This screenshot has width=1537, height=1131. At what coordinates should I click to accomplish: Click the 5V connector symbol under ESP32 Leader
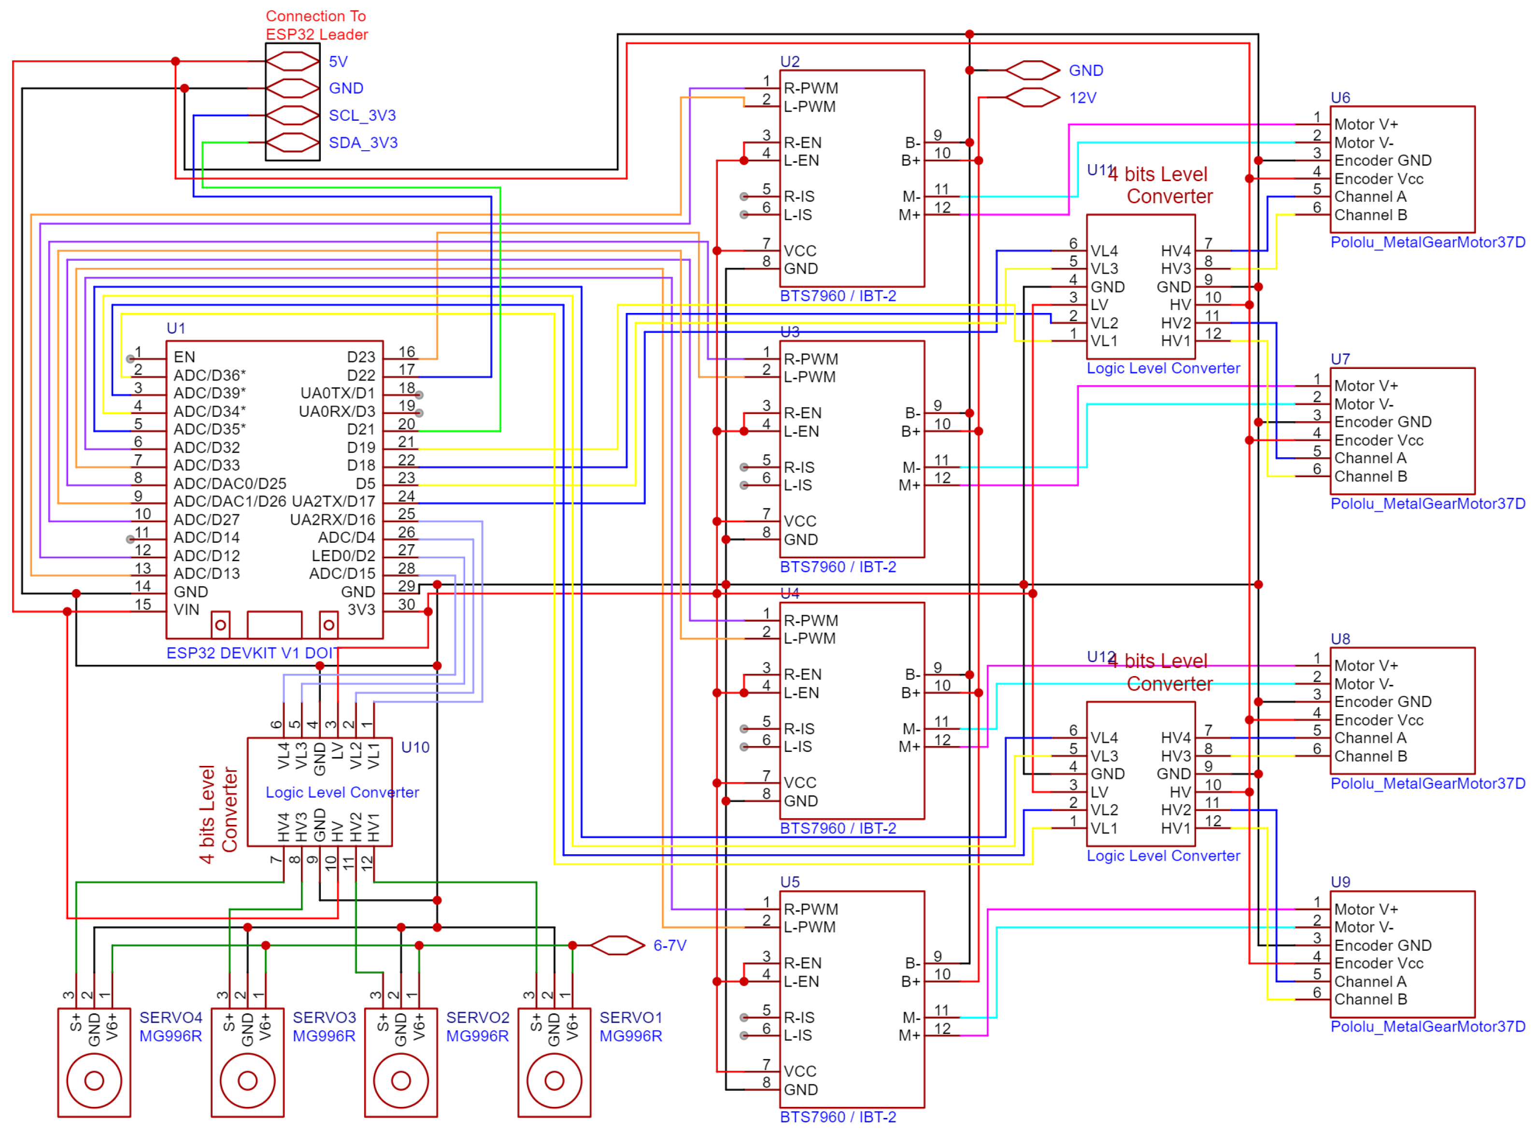[292, 61]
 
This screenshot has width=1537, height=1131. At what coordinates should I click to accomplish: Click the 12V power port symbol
[1032, 97]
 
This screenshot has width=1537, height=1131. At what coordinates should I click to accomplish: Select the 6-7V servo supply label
[669, 946]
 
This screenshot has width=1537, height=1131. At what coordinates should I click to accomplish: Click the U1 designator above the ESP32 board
[176, 328]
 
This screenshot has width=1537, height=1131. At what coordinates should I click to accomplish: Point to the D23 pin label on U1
[361, 357]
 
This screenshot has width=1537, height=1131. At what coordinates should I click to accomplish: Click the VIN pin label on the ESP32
[186, 610]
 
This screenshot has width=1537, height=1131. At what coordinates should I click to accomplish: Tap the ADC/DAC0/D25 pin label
[230, 483]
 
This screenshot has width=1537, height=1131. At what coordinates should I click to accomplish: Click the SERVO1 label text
[630, 1018]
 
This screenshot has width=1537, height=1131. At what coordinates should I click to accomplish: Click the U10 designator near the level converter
[415, 747]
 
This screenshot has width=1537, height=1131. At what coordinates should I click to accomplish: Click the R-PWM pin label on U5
[811, 909]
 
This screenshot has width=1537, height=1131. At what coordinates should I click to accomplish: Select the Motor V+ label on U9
[1366, 909]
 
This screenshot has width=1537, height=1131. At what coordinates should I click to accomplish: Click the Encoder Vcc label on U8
[1378, 720]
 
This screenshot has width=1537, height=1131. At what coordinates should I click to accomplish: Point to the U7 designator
[1340, 359]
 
